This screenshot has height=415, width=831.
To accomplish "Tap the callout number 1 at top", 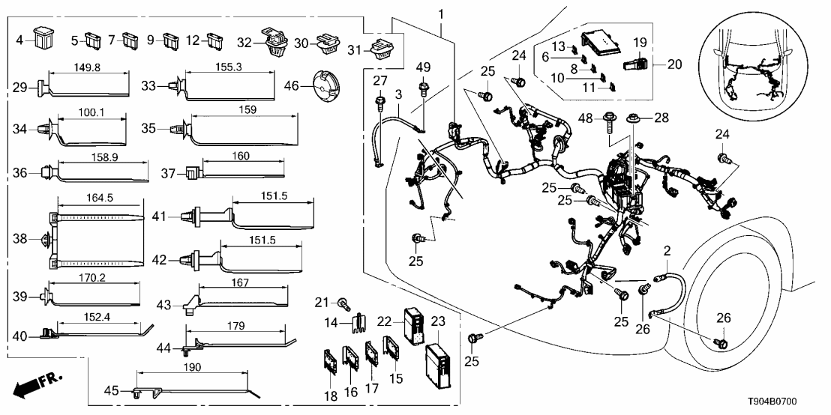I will click(441, 13).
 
